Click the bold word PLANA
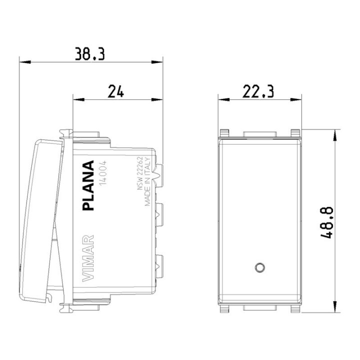(88, 186)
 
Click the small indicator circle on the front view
(259, 266)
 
